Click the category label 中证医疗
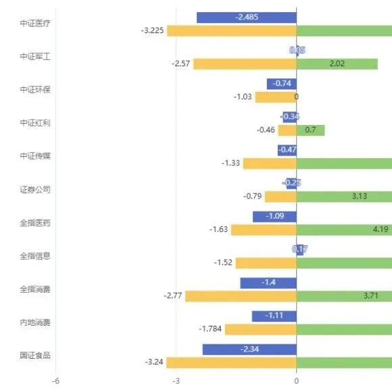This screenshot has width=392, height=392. click(x=35, y=23)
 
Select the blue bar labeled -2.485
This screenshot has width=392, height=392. click(x=246, y=18)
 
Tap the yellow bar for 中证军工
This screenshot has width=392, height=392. click(x=244, y=64)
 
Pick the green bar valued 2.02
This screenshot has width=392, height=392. click(x=337, y=64)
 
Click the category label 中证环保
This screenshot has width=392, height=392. click(x=35, y=89)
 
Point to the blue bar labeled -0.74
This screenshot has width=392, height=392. click(x=281, y=84)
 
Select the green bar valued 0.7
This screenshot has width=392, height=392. click(x=310, y=130)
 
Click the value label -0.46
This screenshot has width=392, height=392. click(x=266, y=130)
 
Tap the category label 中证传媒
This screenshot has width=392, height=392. click(x=35, y=155)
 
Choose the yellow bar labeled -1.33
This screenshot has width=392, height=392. click(x=269, y=164)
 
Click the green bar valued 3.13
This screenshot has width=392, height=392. click(x=344, y=197)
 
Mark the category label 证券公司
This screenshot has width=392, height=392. click(x=35, y=189)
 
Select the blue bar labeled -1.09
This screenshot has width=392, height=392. click(x=274, y=217)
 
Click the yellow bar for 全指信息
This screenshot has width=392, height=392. click(x=266, y=263)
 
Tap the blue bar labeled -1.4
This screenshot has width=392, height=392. click(x=268, y=283)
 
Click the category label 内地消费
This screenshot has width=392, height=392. click(x=35, y=322)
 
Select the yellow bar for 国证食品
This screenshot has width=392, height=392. click(x=231, y=362)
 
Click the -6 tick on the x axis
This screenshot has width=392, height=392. click(x=56, y=381)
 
